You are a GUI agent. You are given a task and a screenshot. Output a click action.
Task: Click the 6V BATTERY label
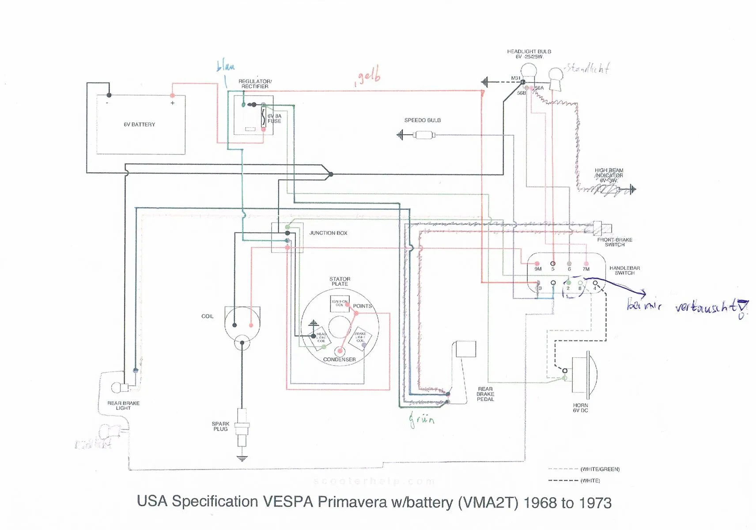click(139, 125)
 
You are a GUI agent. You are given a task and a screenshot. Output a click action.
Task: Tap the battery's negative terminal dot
click(109, 95)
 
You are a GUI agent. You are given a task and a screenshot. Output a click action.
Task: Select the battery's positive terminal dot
click(172, 95)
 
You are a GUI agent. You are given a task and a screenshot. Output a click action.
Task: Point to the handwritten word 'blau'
click(226, 67)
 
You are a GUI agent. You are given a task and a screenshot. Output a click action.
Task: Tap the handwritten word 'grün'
click(422, 419)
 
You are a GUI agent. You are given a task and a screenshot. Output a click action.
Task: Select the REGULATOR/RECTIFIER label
click(255, 84)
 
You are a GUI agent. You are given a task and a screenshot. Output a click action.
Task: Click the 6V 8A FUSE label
click(274, 118)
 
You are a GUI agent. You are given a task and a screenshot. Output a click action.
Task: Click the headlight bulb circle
click(529, 71)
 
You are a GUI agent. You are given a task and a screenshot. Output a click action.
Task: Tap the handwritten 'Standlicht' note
click(588, 68)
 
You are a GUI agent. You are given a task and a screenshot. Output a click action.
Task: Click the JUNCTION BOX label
click(328, 233)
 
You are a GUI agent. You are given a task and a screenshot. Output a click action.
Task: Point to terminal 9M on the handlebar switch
click(537, 264)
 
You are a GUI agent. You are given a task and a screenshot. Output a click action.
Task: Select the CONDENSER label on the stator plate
click(339, 360)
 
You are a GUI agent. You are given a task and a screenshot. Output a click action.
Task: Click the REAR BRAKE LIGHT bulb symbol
click(117, 387)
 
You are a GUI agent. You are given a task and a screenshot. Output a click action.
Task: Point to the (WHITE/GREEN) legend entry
click(600, 469)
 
